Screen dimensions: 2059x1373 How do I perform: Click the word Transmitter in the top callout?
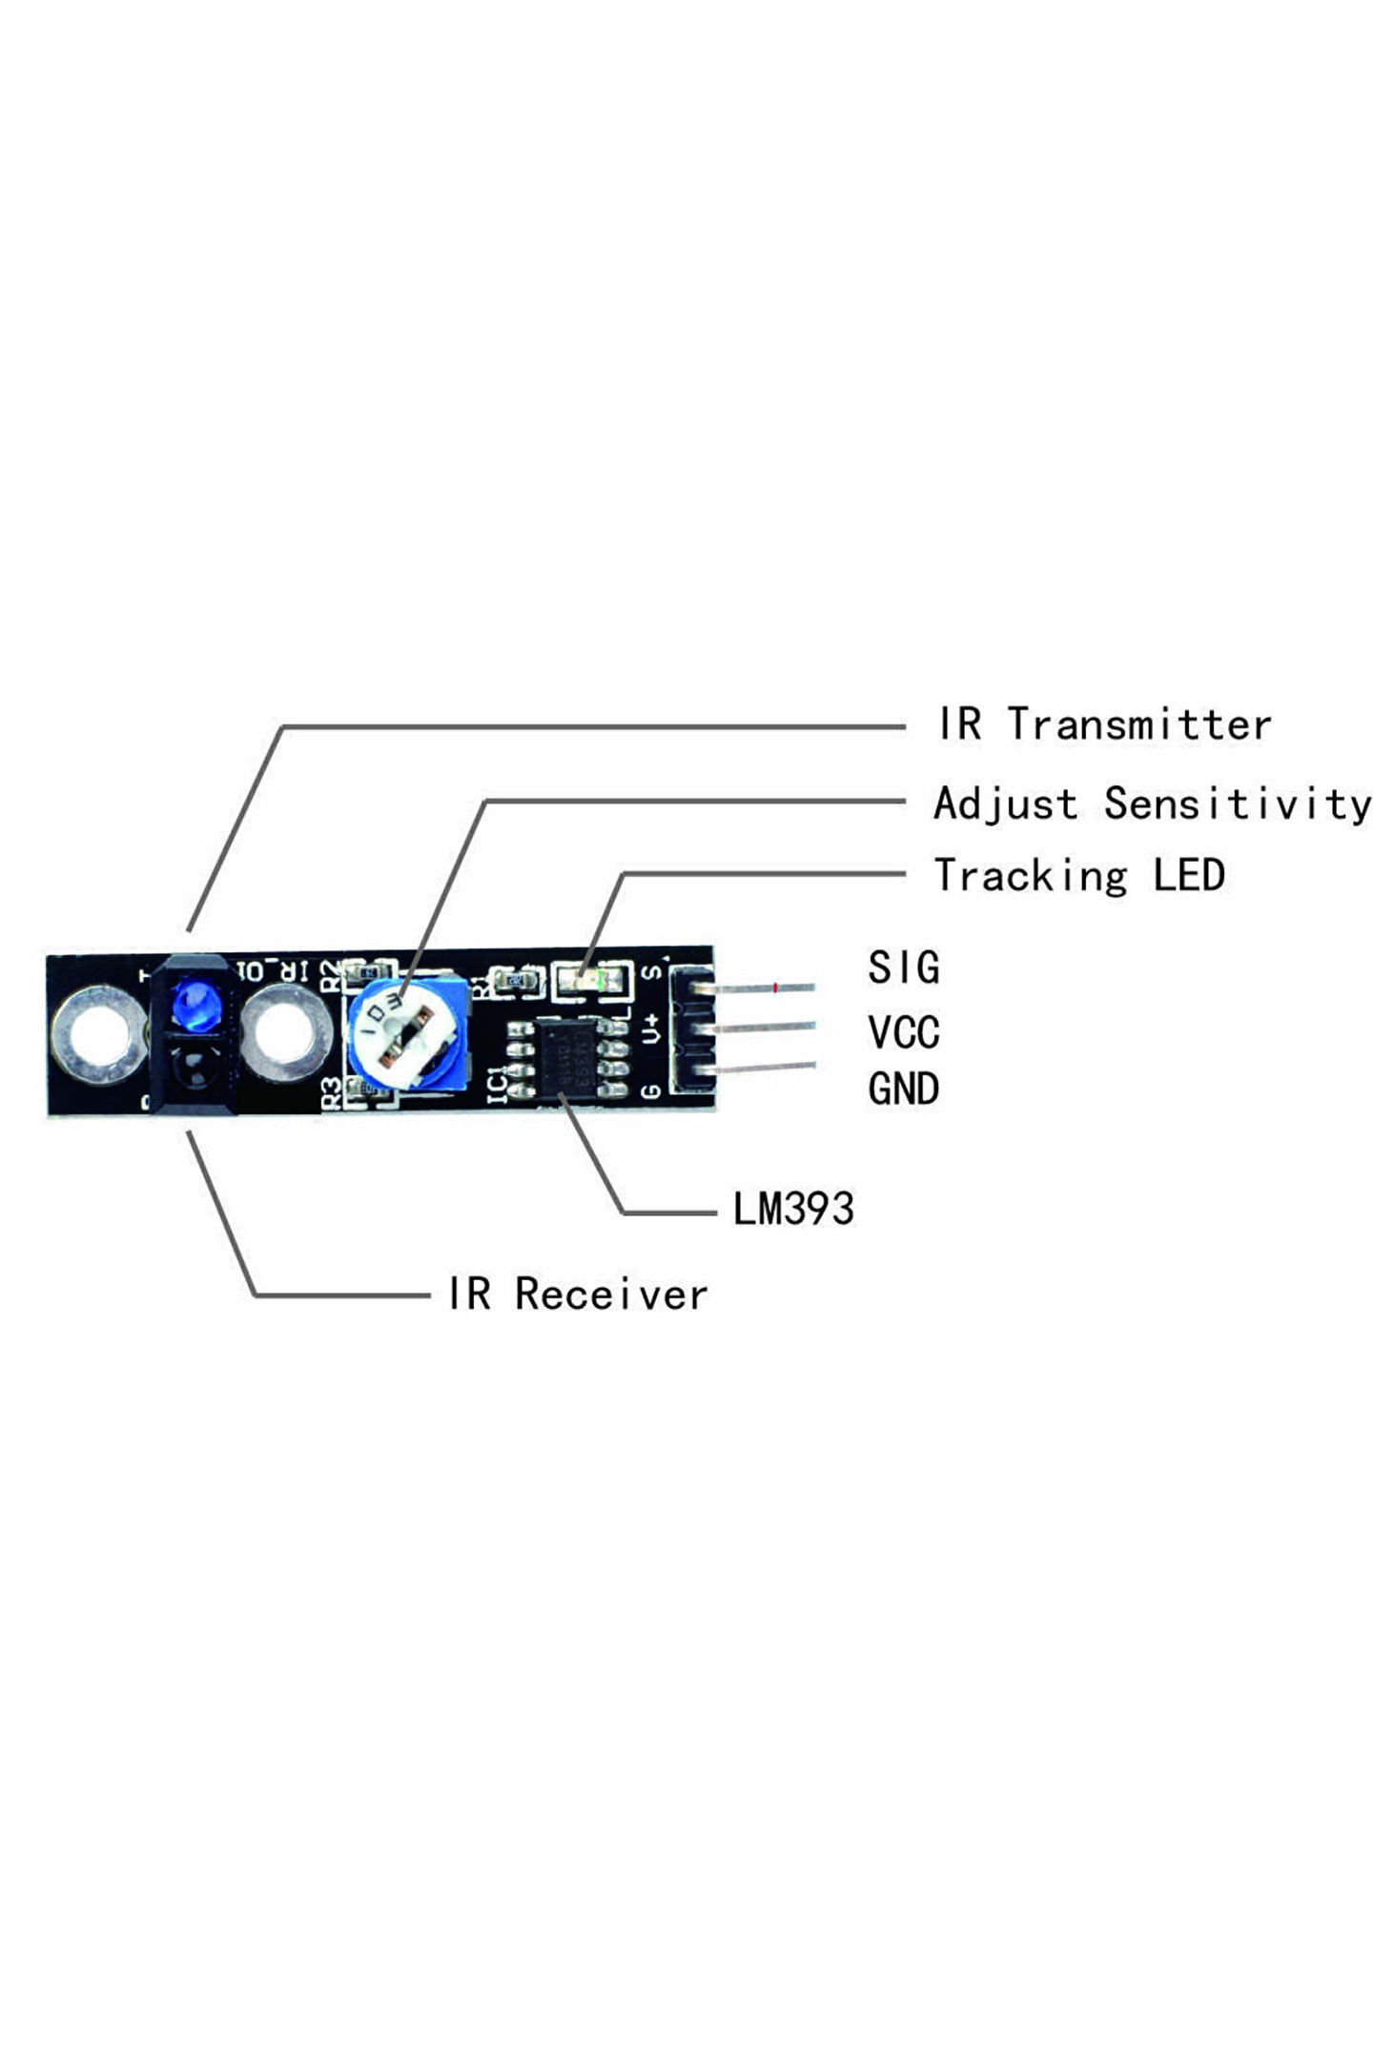point(1139,725)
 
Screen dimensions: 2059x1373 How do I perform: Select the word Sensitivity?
point(1237,804)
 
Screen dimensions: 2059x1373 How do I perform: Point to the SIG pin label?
point(903,968)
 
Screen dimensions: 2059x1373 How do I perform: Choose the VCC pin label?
point(903,1031)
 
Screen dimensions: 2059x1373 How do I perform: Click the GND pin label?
point(903,1090)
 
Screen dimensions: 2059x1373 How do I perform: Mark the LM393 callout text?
point(792,1209)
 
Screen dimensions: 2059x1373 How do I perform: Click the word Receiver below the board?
point(611,1295)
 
